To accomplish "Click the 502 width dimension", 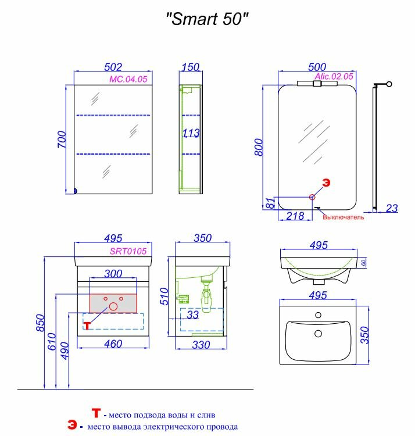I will click(113, 67).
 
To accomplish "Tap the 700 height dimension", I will click(62, 140).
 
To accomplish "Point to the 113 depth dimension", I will click(192, 133).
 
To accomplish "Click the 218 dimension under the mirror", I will click(296, 216).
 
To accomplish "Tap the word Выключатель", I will click(344, 217).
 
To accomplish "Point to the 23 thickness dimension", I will click(392, 208).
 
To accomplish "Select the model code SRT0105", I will click(131, 251).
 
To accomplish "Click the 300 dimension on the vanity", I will click(113, 274).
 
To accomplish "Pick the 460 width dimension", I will click(113, 344).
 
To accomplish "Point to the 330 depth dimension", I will click(201, 344).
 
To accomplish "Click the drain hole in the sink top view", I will click(318, 334).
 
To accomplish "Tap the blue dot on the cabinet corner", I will click(76, 190).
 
